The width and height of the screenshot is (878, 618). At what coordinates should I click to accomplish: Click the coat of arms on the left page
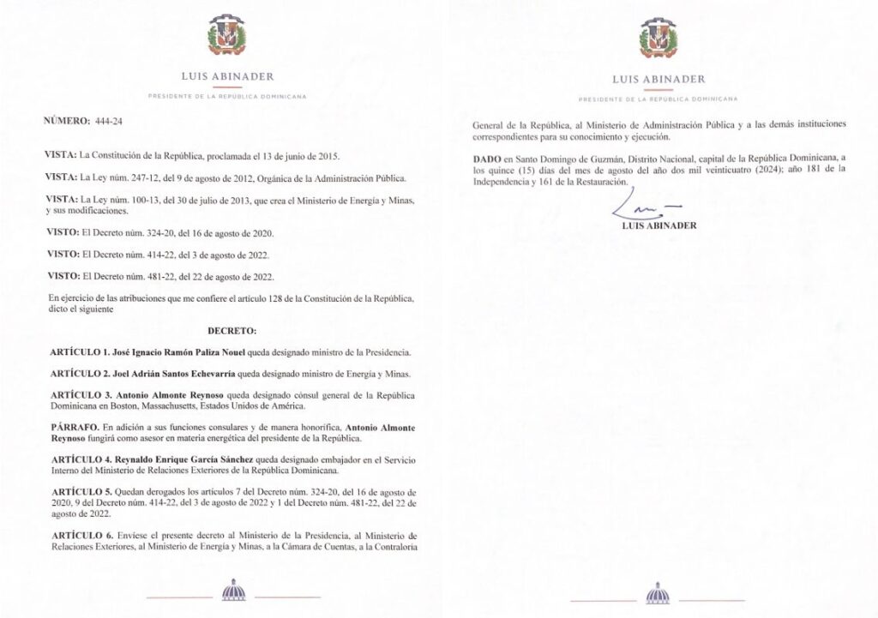tap(227, 38)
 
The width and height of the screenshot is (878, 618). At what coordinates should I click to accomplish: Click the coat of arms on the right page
tap(658, 38)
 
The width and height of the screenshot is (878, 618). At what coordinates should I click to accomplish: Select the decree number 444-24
tap(110, 121)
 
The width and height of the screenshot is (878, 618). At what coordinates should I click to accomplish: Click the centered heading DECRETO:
tap(232, 330)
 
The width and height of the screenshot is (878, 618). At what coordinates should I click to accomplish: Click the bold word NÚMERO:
tap(68, 121)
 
